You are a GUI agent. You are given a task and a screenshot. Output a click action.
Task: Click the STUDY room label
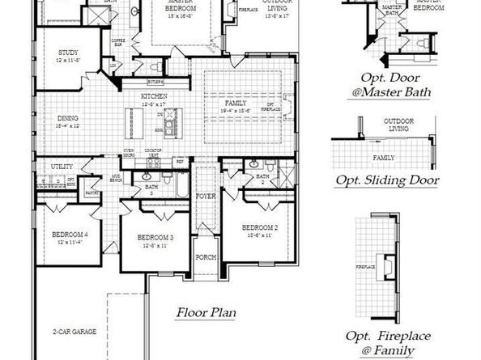pyautogui.click(x=57, y=54)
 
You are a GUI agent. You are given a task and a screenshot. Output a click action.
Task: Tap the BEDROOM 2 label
pyautogui.click(x=260, y=229)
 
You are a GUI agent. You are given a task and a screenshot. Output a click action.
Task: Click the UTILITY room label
pyautogui.click(x=62, y=166)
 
